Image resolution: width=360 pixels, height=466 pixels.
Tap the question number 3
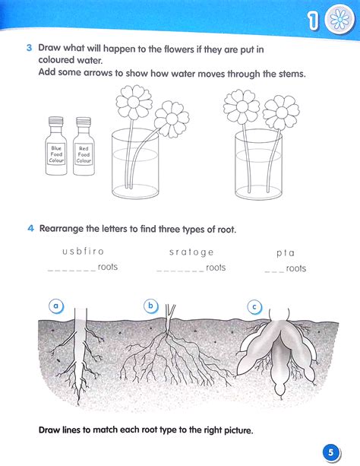(x=30, y=48)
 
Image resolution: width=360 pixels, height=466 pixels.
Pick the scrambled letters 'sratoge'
(x=191, y=252)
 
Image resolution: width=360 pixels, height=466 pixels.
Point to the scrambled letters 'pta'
(x=286, y=252)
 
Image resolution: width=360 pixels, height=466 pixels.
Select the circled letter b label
(x=150, y=306)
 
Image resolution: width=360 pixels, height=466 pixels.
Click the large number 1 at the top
(x=311, y=24)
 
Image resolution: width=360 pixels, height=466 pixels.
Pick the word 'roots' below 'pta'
(x=296, y=268)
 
